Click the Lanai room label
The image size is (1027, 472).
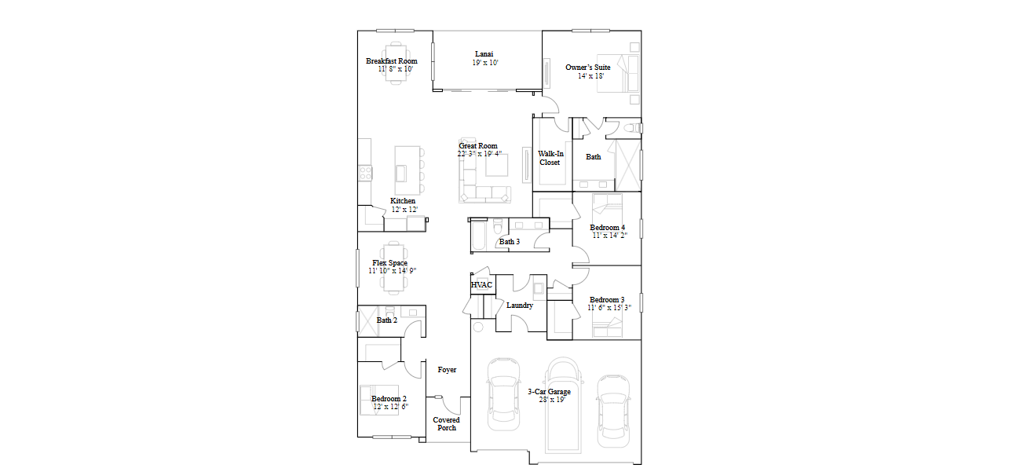pos(484,54)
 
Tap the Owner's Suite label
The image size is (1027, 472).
pos(588,68)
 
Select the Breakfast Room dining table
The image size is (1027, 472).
pos(395,62)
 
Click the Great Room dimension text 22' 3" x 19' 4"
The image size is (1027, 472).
pos(479,154)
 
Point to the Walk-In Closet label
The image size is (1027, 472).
pos(550,159)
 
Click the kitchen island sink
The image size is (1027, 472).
pos(401,174)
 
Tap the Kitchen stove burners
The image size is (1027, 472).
pos(365,173)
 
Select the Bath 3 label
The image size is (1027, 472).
pos(510,242)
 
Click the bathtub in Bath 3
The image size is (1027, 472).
pos(479,236)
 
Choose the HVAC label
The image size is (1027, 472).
pos(481,285)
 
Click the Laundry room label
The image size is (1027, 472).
pos(520,306)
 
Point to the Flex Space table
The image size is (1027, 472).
pos(393,268)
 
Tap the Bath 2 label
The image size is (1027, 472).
pos(387,320)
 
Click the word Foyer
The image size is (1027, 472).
pos(447,370)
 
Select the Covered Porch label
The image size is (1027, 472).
pos(447,424)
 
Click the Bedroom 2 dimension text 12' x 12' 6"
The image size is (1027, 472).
pos(391,406)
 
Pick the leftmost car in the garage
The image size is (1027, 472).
pos(503,394)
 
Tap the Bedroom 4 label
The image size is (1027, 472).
pos(608,228)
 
